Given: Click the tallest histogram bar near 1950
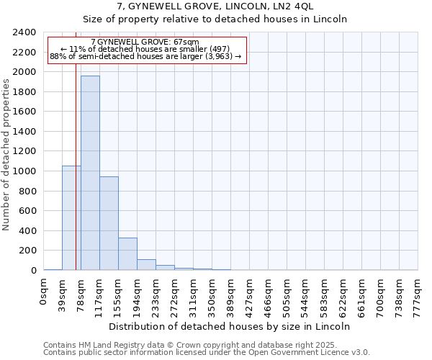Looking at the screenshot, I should click(x=90, y=173).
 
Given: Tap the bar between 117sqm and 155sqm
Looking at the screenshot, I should click(x=109, y=223).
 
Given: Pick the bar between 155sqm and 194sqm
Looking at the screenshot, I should click(x=127, y=253).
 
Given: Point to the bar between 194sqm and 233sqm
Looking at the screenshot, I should click(x=146, y=264).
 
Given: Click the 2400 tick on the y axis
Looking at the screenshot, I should click(x=25, y=33).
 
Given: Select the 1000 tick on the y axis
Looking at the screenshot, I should click(x=25, y=171).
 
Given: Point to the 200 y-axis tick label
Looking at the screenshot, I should click(x=28, y=251).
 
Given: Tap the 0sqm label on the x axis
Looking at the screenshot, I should click(x=43, y=292).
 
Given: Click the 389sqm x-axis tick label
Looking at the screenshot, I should click(x=230, y=293).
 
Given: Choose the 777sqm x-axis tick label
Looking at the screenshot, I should click(x=418, y=293).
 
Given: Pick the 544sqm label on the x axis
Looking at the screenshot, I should click(x=305, y=293).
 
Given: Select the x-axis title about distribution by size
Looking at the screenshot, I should click(x=230, y=326).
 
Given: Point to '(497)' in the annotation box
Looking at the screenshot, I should click(x=218, y=49).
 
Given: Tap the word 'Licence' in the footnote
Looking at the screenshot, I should click(x=330, y=353).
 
